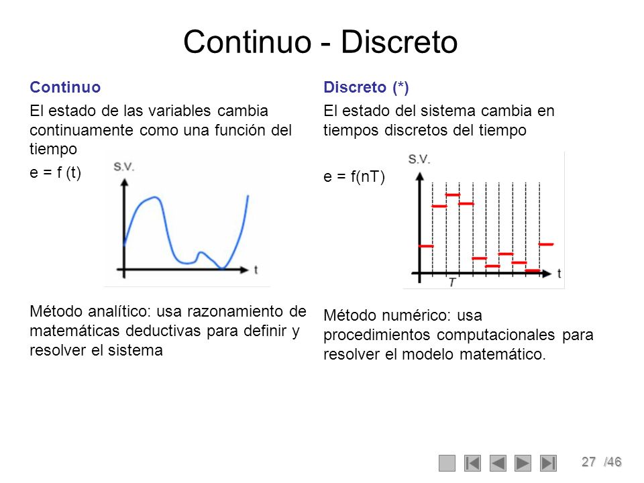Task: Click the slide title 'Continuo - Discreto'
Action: [320, 42]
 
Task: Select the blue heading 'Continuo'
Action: [65, 87]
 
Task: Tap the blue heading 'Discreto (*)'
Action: [366, 87]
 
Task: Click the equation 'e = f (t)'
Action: [56, 172]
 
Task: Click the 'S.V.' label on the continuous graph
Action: [124, 167]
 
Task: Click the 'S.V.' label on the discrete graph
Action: [419, 160]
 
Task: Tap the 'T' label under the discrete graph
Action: [453, 282]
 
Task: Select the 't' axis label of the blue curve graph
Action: [256, 269]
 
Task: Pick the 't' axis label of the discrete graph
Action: [559, 273]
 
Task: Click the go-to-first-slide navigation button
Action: [473, 463]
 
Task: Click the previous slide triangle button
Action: [498, 463]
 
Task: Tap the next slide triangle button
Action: [523, 463]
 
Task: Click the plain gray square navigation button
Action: [447, 463]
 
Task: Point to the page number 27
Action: [589, 462]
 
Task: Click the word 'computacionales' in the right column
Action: [497, 335]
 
